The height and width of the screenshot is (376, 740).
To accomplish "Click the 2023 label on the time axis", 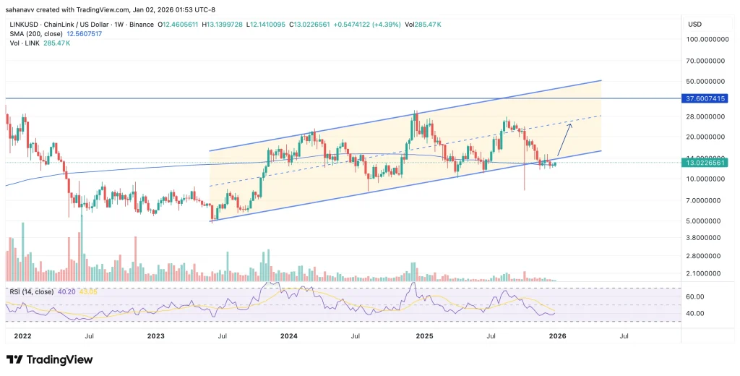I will click(156, 336).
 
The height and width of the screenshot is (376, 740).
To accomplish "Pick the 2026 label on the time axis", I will click(557, 336).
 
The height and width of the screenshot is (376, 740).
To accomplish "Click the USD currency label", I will click(695, 24).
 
